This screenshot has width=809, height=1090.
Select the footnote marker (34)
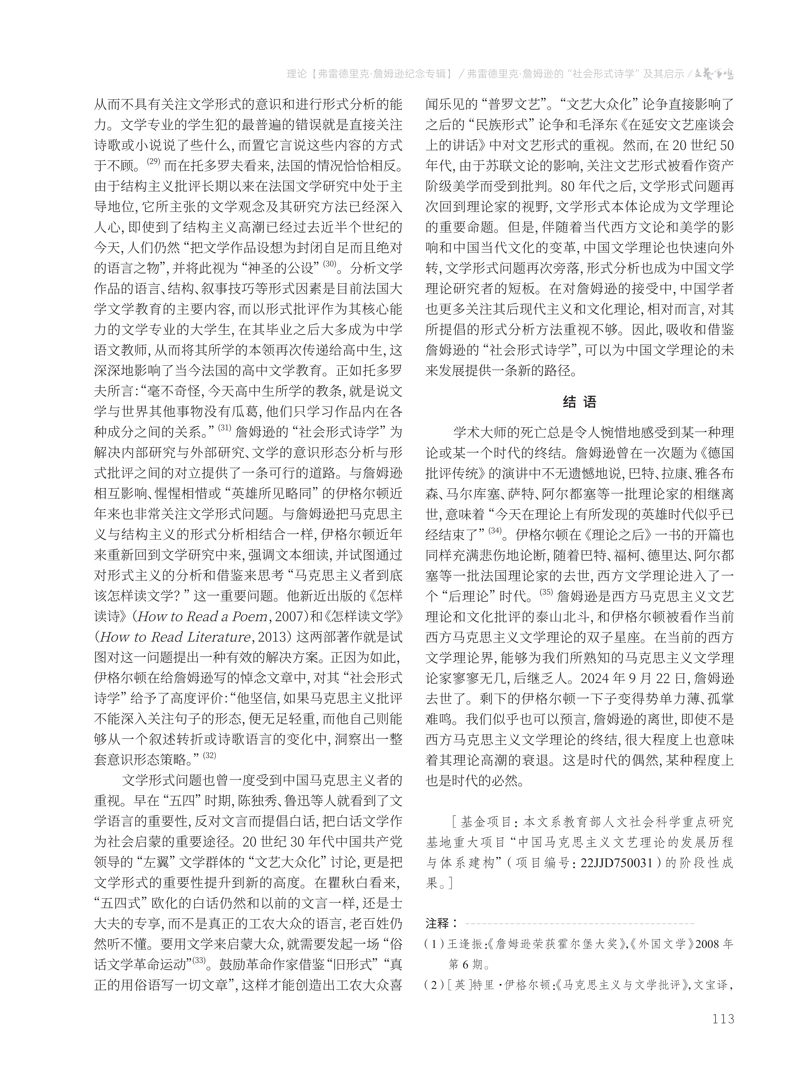coord(496,530)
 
